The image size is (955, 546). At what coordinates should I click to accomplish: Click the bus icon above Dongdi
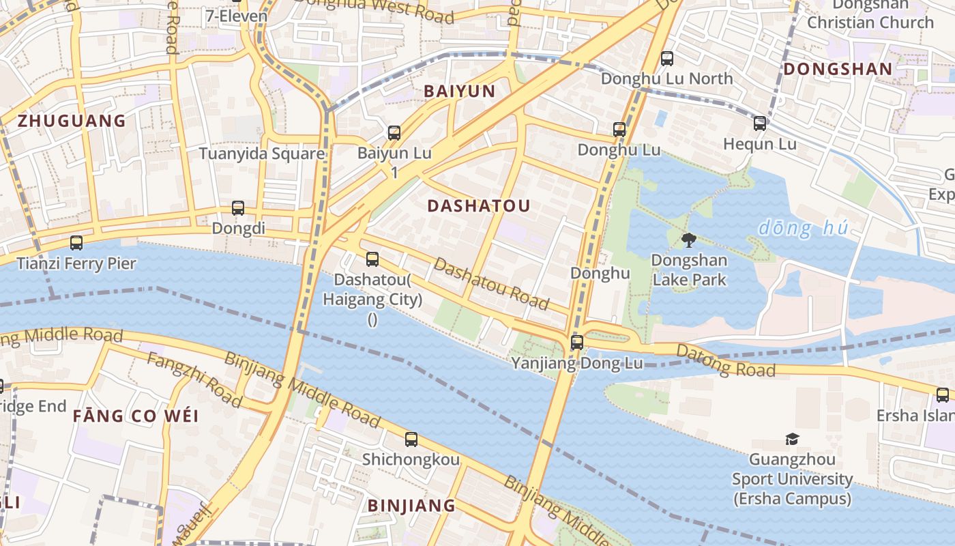pyautogui.click(x=238, y=208)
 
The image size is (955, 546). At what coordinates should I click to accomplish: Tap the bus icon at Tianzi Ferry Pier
pyautogui.click(x=76, y=243)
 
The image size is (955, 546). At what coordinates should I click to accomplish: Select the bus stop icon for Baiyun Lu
pyautogui.click(x=394, y=133)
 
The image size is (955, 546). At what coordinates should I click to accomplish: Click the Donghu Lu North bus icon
pyautogui.click(x=667, y=59)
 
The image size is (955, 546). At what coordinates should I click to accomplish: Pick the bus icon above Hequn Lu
pyautogui.click(x=760, y=124)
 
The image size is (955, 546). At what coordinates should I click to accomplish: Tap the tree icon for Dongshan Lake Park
pyautogui.click(x=689, y=240)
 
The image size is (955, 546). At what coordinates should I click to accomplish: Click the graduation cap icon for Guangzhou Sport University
pyautogui.click(x=792, y=439)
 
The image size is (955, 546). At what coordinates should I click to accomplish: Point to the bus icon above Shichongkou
pyautogui.click(x=411, y=440)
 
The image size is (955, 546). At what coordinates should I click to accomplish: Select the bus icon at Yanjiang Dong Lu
pyautogui.click(x=577, y=343)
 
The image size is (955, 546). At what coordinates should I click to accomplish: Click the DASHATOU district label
pyautogui.click(x=478, y=205)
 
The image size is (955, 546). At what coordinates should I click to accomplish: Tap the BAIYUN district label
pyautogui.click(x=459, y=91)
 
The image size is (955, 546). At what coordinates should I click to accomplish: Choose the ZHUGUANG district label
pyautogui.click(x=72, y=121)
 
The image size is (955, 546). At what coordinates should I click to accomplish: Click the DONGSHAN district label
pyautogui.click(x=838, y=69)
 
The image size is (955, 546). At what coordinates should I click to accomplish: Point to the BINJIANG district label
pyautogui.click(x=411, y=506)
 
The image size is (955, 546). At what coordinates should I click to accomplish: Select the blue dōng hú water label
pyautogui.click(x=803, y=227)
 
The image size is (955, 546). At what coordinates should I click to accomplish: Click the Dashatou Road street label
pyautogui.click(x=491, y=283)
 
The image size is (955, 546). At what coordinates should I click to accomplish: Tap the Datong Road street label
pyautogui.click(x=726, y=361)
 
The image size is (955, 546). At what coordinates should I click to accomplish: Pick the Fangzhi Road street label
pyautogui.click(x=194, y=380)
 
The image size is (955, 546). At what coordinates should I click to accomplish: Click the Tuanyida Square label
pyautogui.click(x=261, y=154)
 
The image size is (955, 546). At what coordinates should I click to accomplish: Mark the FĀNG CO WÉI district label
pyautogui.click(x=136, y=416)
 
